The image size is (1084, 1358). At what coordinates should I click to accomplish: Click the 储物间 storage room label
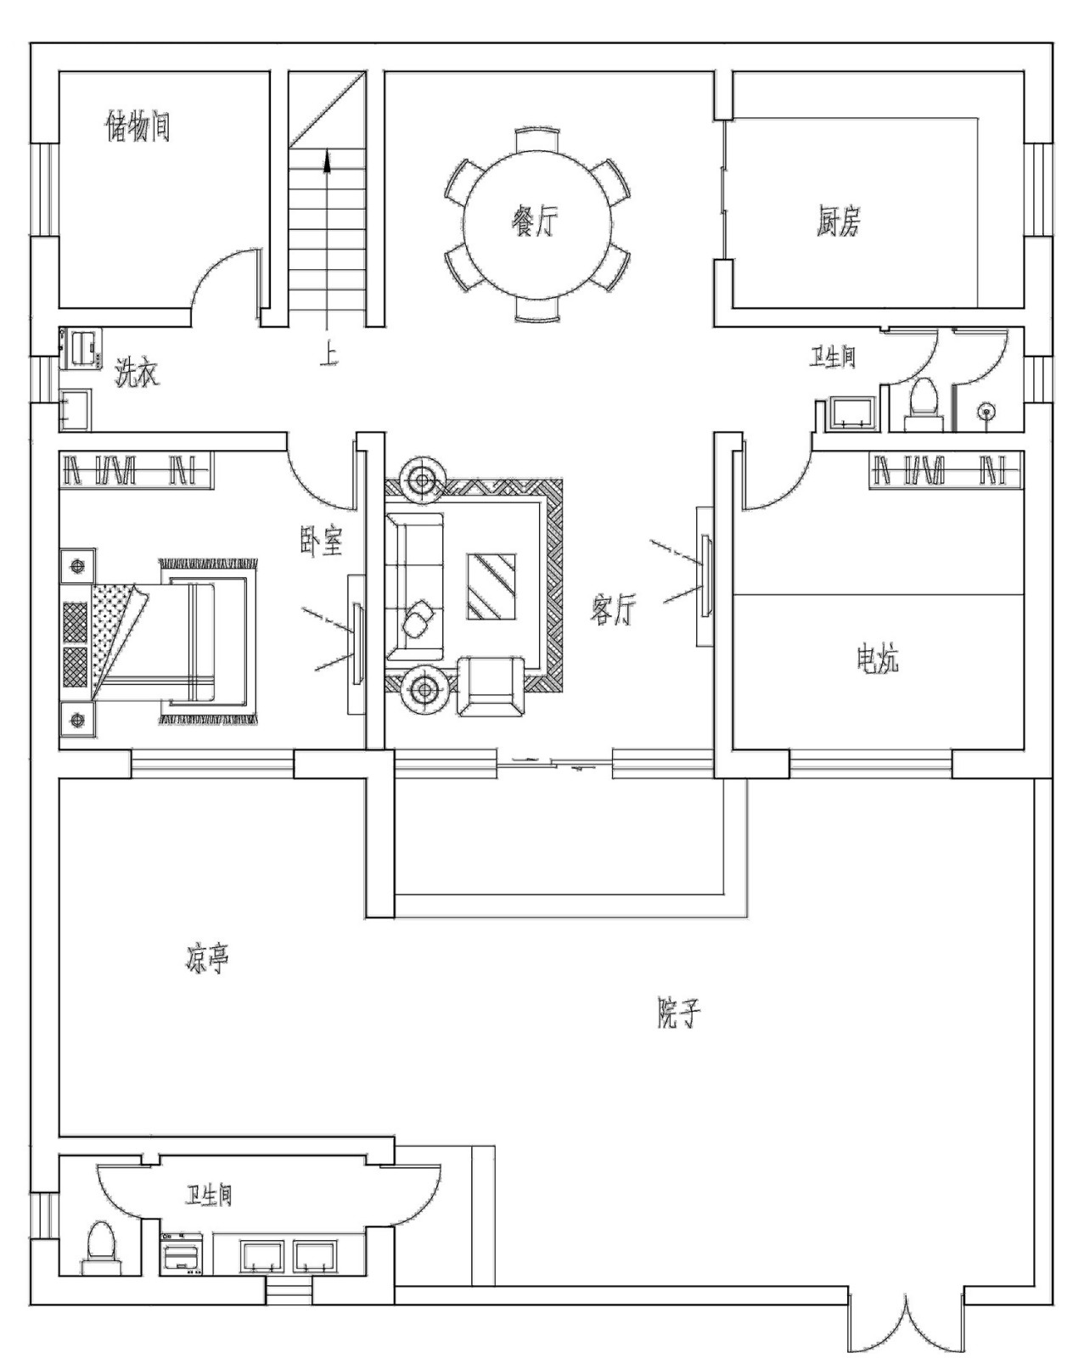[137, 127]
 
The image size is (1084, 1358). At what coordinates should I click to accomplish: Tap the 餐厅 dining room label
[535, 222]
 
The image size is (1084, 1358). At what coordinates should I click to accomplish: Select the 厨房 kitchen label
[838, 221]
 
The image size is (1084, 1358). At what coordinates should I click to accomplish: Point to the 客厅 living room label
[613, 609]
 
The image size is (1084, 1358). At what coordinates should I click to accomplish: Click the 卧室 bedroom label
[321, 541]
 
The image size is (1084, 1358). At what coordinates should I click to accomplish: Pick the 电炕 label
[877, 659]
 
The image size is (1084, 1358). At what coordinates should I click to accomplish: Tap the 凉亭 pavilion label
[207, 958]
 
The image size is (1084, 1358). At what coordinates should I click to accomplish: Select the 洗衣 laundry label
[137, 373]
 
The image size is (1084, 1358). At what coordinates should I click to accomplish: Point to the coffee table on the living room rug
[491, 586]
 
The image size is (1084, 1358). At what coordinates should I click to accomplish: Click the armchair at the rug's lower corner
[491, 687]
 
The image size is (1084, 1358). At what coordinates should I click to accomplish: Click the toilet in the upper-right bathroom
[924, 403]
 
